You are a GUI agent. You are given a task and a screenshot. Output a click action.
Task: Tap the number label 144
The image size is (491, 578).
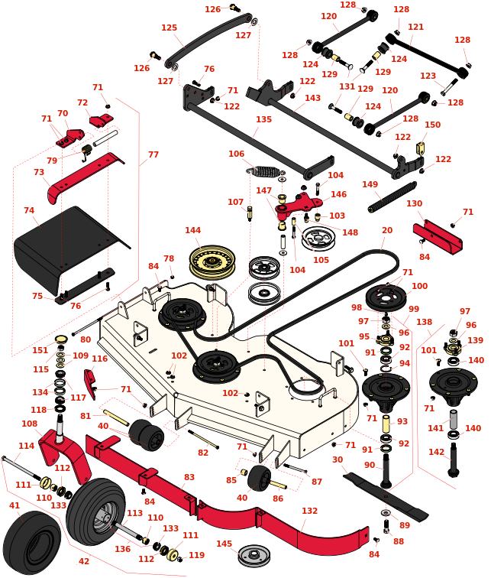click(x=193, y=230)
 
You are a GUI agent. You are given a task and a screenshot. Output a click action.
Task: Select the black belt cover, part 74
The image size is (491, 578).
click(x=69, y=245)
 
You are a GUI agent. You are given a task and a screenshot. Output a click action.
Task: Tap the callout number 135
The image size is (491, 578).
click(x=263, y=120)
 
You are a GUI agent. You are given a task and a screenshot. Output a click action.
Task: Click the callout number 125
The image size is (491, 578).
click(x=169, y=28)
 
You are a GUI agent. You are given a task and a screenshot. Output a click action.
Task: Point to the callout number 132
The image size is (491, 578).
click(x=309, y=511)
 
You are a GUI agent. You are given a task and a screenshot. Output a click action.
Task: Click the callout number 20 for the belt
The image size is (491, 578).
click(x=387, y=230)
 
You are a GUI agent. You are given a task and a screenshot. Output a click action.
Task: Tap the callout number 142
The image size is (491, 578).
click(x=436, y=452)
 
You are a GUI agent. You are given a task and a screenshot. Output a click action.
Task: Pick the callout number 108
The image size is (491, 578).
click(x=30, y=424)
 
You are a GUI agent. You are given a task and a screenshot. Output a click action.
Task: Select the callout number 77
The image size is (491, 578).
click(x=153, y=154)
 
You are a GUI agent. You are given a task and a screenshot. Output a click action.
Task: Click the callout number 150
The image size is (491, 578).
click(x=432, y=125)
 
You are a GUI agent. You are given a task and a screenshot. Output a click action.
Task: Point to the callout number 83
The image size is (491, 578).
click(x=189, y=477)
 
